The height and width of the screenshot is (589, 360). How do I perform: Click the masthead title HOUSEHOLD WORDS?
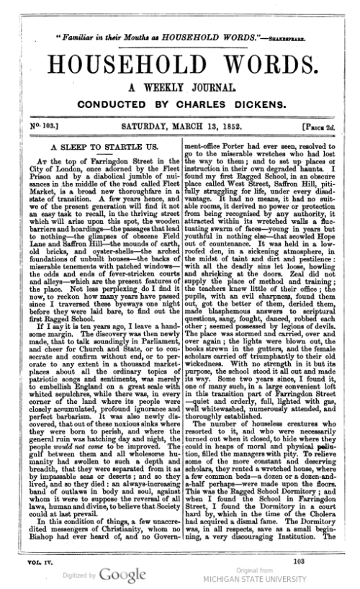click(179, 59)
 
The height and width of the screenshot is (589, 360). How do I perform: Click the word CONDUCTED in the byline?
click(122, 104)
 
